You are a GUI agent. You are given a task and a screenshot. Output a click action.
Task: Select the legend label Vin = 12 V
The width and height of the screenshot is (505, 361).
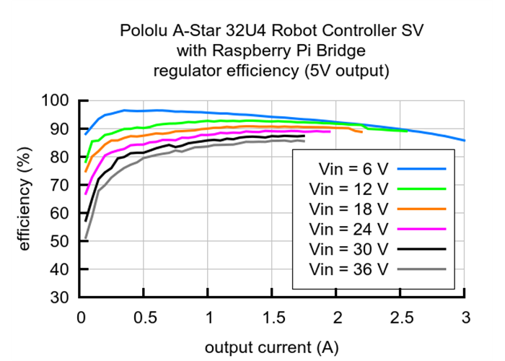(348, 188)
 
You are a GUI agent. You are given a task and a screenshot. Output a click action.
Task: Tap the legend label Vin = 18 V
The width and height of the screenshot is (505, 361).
(348, 209)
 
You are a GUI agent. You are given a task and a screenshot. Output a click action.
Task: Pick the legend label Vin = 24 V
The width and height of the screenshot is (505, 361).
(348, 229)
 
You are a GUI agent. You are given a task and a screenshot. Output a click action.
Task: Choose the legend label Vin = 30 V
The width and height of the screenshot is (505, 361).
(348, 249)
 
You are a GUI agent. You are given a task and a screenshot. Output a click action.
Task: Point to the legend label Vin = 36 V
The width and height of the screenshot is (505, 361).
(348, 269)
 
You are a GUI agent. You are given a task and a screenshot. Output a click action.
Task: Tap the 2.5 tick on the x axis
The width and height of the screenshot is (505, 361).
(401, 316)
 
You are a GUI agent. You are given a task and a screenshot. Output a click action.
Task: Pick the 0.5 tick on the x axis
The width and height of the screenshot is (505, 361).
(144, 316)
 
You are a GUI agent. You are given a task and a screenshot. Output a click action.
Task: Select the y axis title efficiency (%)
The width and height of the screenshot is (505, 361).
(25, 199)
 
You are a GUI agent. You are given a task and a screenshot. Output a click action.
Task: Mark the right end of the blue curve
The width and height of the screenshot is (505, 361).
(465, 141)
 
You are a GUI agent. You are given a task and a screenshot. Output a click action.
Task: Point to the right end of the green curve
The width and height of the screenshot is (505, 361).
(408, 131)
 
